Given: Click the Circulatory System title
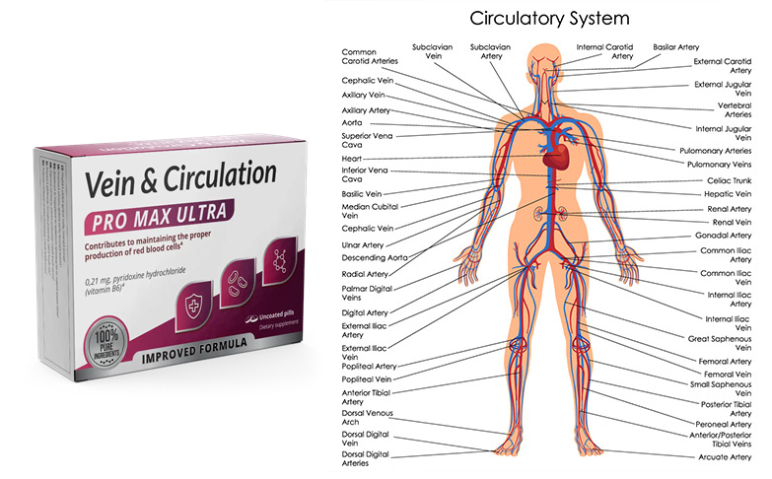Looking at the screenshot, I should [x=550, y=18].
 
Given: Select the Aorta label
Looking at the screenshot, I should [x=352, y=122].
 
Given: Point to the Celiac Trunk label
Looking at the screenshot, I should [x=730, y=180].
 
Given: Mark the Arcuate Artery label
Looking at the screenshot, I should [x=726, y=456].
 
